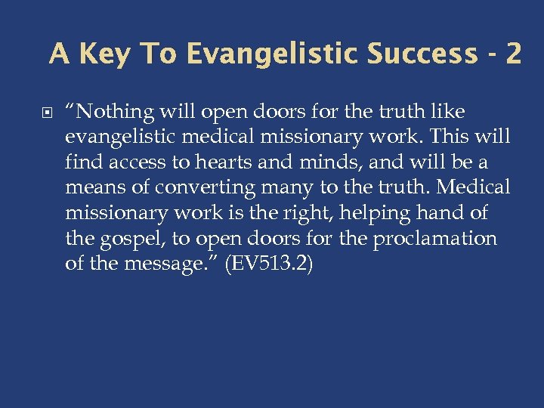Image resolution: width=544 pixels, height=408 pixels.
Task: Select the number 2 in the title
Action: (513, 54)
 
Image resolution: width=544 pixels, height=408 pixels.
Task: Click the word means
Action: (94, 187)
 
